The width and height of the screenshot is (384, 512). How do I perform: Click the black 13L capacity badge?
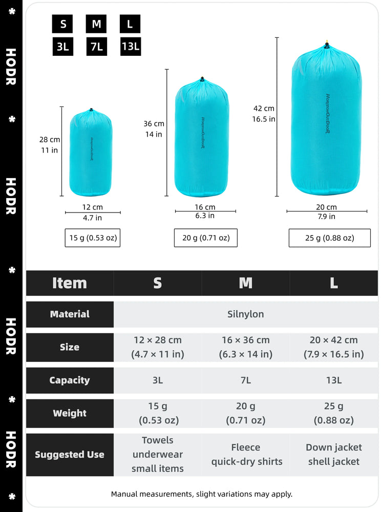(131, 47)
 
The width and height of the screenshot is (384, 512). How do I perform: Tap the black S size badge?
(62, 24)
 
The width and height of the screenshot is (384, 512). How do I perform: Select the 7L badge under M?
(96, 47)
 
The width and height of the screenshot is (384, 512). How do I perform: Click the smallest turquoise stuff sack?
(91, 153)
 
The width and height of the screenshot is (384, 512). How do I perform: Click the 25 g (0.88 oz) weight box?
(329, 238)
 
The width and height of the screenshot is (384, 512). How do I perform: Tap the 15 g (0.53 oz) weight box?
(92, 238)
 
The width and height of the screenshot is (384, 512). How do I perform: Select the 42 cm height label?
(264, 109)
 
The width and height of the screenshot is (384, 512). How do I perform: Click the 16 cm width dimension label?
(205, 207)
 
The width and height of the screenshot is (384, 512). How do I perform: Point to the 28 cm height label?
(50, 139)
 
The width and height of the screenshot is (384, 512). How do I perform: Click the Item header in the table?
(70, 283)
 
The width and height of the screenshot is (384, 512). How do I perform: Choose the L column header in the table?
(333, 283)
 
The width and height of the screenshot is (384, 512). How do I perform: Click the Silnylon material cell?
(245, 314)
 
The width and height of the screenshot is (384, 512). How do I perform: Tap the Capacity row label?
(70, 380)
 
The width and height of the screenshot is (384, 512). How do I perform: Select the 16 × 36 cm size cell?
(245, 347)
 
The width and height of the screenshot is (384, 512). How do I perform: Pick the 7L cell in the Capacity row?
(245, 380)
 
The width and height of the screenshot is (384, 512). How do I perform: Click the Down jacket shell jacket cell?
(333, 454)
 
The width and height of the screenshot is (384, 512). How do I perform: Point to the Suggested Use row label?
(70, 454)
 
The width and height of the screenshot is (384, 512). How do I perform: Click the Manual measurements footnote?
(201, 494)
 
